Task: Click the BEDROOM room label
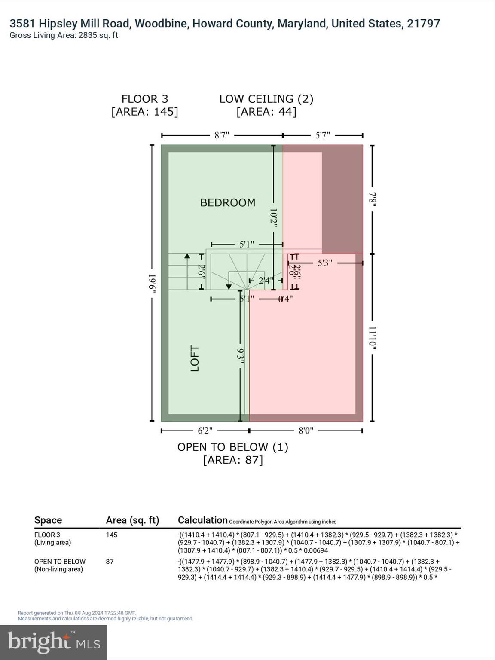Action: [228, 202]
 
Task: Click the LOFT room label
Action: [195, 358]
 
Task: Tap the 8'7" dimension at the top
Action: [222, 135]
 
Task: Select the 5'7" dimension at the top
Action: [323, 135]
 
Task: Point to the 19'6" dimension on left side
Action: [152, 284]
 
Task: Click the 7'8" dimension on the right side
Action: [373, 199]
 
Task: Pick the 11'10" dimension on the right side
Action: [373, 338]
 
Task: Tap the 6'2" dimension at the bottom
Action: [205, 431]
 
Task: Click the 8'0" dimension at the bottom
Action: [306, 431]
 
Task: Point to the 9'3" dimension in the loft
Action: [241, 356]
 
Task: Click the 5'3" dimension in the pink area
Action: [325, 263]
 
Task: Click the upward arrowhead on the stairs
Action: [187, 256]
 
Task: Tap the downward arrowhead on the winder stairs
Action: [229, 287]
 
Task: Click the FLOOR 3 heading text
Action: [145, 99]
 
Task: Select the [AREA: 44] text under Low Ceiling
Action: [266, 112]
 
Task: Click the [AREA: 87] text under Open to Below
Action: [233, 460]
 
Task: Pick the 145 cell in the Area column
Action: [112, 535]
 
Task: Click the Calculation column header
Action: [202, 520]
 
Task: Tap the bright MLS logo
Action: [54, 642]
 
